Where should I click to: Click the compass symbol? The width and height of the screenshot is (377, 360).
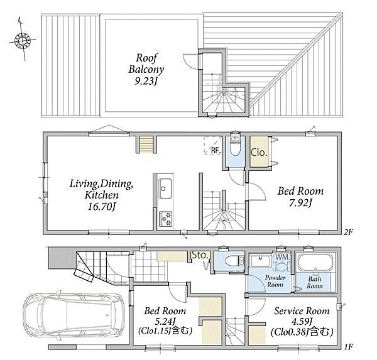[23, 39]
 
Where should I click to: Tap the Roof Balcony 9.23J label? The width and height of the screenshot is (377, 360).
[146, 69]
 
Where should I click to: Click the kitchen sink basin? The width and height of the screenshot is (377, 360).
[165, 188]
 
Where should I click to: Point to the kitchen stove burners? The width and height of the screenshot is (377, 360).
[165, 219]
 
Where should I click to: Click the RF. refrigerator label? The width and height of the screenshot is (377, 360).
[216, 151]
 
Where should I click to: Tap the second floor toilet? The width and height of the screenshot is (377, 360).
[235, 146]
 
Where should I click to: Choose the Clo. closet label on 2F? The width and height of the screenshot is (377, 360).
[259, 152]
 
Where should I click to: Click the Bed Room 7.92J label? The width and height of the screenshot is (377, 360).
[300, 197]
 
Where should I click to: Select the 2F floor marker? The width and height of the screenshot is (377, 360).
[347, 232]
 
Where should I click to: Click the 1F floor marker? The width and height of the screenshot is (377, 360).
[347, 347]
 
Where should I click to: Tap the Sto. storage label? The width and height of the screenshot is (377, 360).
[200, 255]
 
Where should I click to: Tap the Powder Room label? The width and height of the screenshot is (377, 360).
[275, 281]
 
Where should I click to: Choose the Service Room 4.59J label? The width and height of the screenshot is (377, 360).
[302, 321]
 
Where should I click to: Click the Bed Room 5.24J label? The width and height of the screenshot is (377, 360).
[165, 321]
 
